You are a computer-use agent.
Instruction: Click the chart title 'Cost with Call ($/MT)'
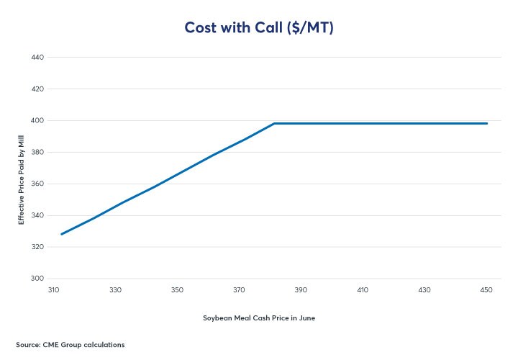click(x=258, y=27)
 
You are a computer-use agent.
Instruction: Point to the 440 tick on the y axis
click(x=38, y=57)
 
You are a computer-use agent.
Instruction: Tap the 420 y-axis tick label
click(x=38, y=89)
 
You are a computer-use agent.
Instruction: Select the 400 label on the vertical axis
click(x=38, y=120)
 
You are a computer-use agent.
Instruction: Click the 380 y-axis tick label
click(x=38, y=152)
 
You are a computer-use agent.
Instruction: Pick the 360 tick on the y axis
click(x=38, y=184)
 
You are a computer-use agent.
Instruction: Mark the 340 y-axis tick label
click(x=38, y=215)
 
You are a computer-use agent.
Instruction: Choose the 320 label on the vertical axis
click(x=38, y=247)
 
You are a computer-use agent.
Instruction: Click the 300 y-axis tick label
click(x=38, y=279)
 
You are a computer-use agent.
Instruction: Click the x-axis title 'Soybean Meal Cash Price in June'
click(x=258, y=318)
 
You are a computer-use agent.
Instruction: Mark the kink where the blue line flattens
click(x=275, y=123)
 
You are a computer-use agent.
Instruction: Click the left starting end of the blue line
click(x=62, y=234)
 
